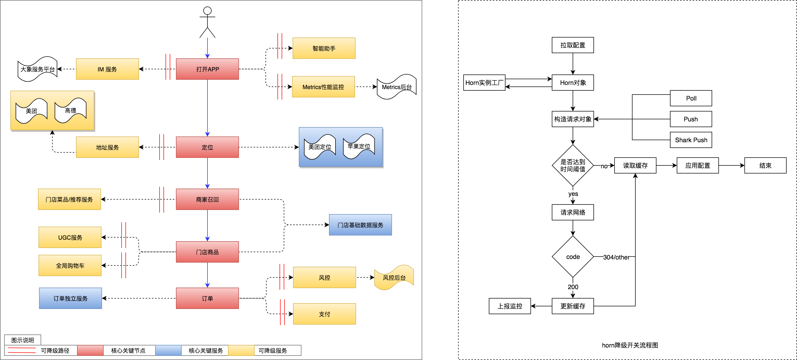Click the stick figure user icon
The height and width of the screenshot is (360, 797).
(207, 22)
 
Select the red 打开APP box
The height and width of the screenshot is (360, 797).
(207, 69)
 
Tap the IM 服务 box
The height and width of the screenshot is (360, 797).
(107, 69)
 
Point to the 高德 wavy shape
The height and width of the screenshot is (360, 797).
(71, 110)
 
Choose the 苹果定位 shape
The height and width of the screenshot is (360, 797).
(359, 146)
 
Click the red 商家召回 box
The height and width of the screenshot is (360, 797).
(207, 199)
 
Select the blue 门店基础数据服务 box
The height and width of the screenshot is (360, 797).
(360, 225)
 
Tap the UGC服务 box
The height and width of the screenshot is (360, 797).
(70, 237)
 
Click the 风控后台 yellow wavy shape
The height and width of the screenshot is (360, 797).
(394, 278)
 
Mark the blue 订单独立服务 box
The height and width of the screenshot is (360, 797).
(71, 299)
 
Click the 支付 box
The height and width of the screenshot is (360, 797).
(324, 314)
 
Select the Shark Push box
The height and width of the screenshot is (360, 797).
(691, 140)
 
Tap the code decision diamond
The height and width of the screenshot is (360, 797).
(573, 257)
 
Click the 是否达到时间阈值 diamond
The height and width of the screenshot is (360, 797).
(573, 165)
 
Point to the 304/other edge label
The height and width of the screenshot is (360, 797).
(616, 257)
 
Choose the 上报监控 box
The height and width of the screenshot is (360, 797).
(510, 306)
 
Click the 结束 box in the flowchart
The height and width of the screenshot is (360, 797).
(765, 165)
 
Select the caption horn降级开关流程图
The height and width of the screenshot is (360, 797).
(630, 345)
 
